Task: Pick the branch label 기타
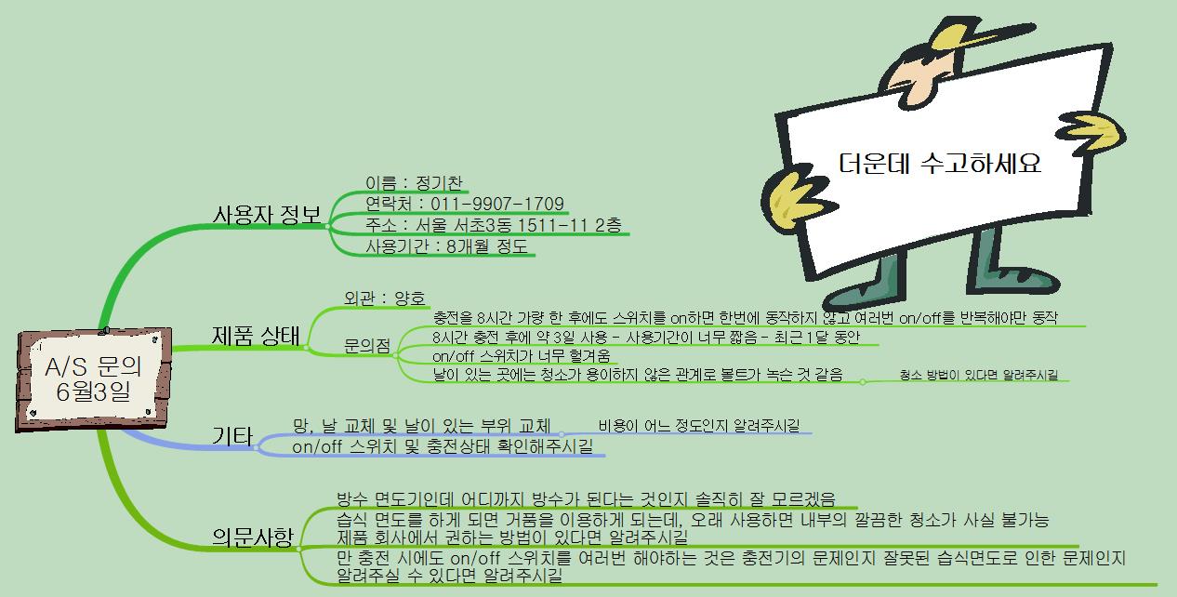tap(232, 435)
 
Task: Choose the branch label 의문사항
tap(252, 537)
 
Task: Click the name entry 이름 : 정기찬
tap(415, 183)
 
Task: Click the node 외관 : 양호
tap(384, 298)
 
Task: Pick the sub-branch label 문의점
tap(366, 347)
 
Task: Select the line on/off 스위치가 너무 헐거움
tap(523, 355)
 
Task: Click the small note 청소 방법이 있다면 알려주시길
tap(979, 375)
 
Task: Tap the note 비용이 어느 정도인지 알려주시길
tap(698, 426)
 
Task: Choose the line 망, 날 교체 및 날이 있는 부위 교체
tap(421, 426)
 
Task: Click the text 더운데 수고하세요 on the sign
tap(939, 165)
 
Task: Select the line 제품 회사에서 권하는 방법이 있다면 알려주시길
tap(512, 537)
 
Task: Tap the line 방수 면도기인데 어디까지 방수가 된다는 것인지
tap(586, 499)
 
